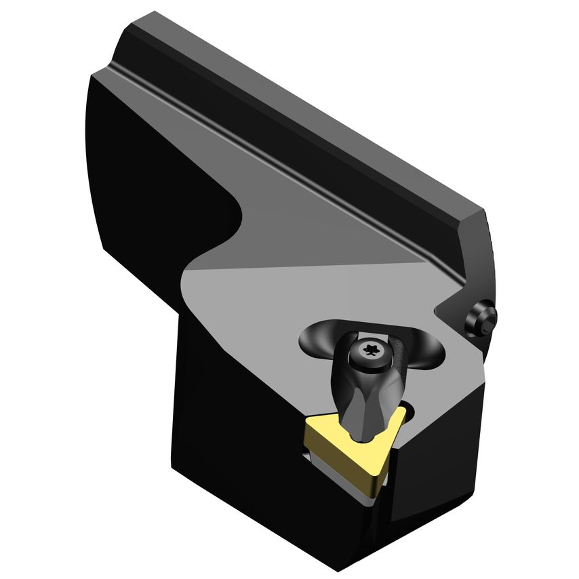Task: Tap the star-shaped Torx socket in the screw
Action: pyautogui.click(x=370, y=349)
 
